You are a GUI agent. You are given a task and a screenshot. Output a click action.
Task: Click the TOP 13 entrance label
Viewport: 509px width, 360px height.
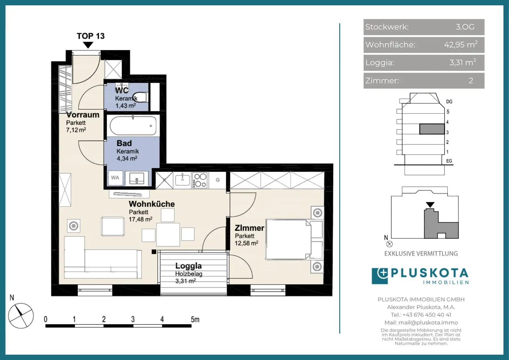[91, 36]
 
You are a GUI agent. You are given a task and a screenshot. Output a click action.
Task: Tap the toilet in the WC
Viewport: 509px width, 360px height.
[140, 97]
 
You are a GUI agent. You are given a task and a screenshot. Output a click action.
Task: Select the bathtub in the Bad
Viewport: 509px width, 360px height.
[133, 126]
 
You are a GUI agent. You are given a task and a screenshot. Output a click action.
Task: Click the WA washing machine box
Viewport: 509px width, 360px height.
[115, 177]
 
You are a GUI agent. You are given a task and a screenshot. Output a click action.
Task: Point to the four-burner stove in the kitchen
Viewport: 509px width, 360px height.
[200, 180]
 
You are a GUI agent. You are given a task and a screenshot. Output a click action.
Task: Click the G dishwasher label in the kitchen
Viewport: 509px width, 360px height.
[217, 180]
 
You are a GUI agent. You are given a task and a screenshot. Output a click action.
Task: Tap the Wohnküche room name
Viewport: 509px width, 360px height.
[151, 204]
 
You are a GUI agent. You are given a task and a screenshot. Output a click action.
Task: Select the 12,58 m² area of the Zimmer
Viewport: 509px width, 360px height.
[246, 243]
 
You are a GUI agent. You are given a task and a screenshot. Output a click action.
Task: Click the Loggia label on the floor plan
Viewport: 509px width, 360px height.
[188, 266]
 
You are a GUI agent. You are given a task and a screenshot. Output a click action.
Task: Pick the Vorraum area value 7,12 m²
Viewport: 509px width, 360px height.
[76, 130]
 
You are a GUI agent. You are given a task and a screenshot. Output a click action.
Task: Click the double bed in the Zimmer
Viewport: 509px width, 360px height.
[295, 239]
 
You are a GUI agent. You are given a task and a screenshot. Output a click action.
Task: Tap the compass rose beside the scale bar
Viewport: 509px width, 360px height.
[21, 316]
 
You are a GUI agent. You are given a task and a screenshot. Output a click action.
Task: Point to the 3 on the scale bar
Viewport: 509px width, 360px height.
[133, 319]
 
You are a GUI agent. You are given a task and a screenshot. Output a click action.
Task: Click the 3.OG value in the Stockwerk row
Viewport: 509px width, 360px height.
[465, 27]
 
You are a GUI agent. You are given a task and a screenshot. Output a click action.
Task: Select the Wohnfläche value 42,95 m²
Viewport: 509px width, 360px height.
[461, 44]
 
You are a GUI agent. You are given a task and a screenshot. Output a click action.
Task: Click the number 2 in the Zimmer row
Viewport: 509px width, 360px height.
[471, 81]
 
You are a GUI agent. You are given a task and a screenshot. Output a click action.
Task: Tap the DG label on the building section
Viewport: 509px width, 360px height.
[449, 101]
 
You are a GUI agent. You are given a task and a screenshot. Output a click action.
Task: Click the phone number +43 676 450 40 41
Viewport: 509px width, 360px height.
[427, 315]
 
